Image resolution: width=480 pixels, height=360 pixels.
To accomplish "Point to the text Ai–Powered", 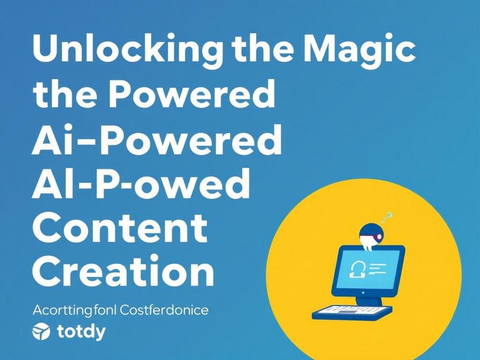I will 156,140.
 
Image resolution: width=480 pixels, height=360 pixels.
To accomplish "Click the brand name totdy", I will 80,331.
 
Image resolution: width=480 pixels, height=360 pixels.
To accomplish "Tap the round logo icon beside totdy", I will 41,332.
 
